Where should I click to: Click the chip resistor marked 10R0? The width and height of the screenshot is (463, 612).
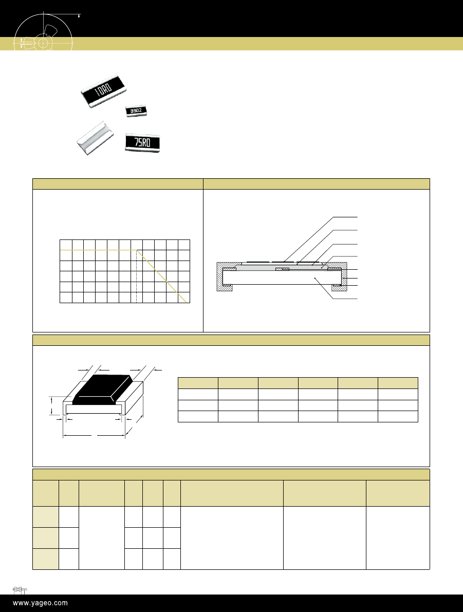pos(104,90)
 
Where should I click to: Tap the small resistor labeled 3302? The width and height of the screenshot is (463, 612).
pos(136,111)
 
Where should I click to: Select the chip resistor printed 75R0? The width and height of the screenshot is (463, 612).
pos(142,142)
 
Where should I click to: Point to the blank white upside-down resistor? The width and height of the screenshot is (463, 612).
pos(95,139)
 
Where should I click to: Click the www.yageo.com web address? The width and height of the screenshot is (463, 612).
pos(40,603)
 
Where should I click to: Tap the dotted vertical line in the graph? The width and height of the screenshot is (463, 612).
pos(137,276)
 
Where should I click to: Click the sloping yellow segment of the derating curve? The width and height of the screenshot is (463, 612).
pos(162,276)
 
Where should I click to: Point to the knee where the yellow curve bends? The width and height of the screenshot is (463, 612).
pos(137,250)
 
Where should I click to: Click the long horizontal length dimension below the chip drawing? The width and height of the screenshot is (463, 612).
pos(94,435)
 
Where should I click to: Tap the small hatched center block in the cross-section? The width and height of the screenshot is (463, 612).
pos(282,269)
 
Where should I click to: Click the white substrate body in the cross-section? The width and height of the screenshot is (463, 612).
pos(282,277)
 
